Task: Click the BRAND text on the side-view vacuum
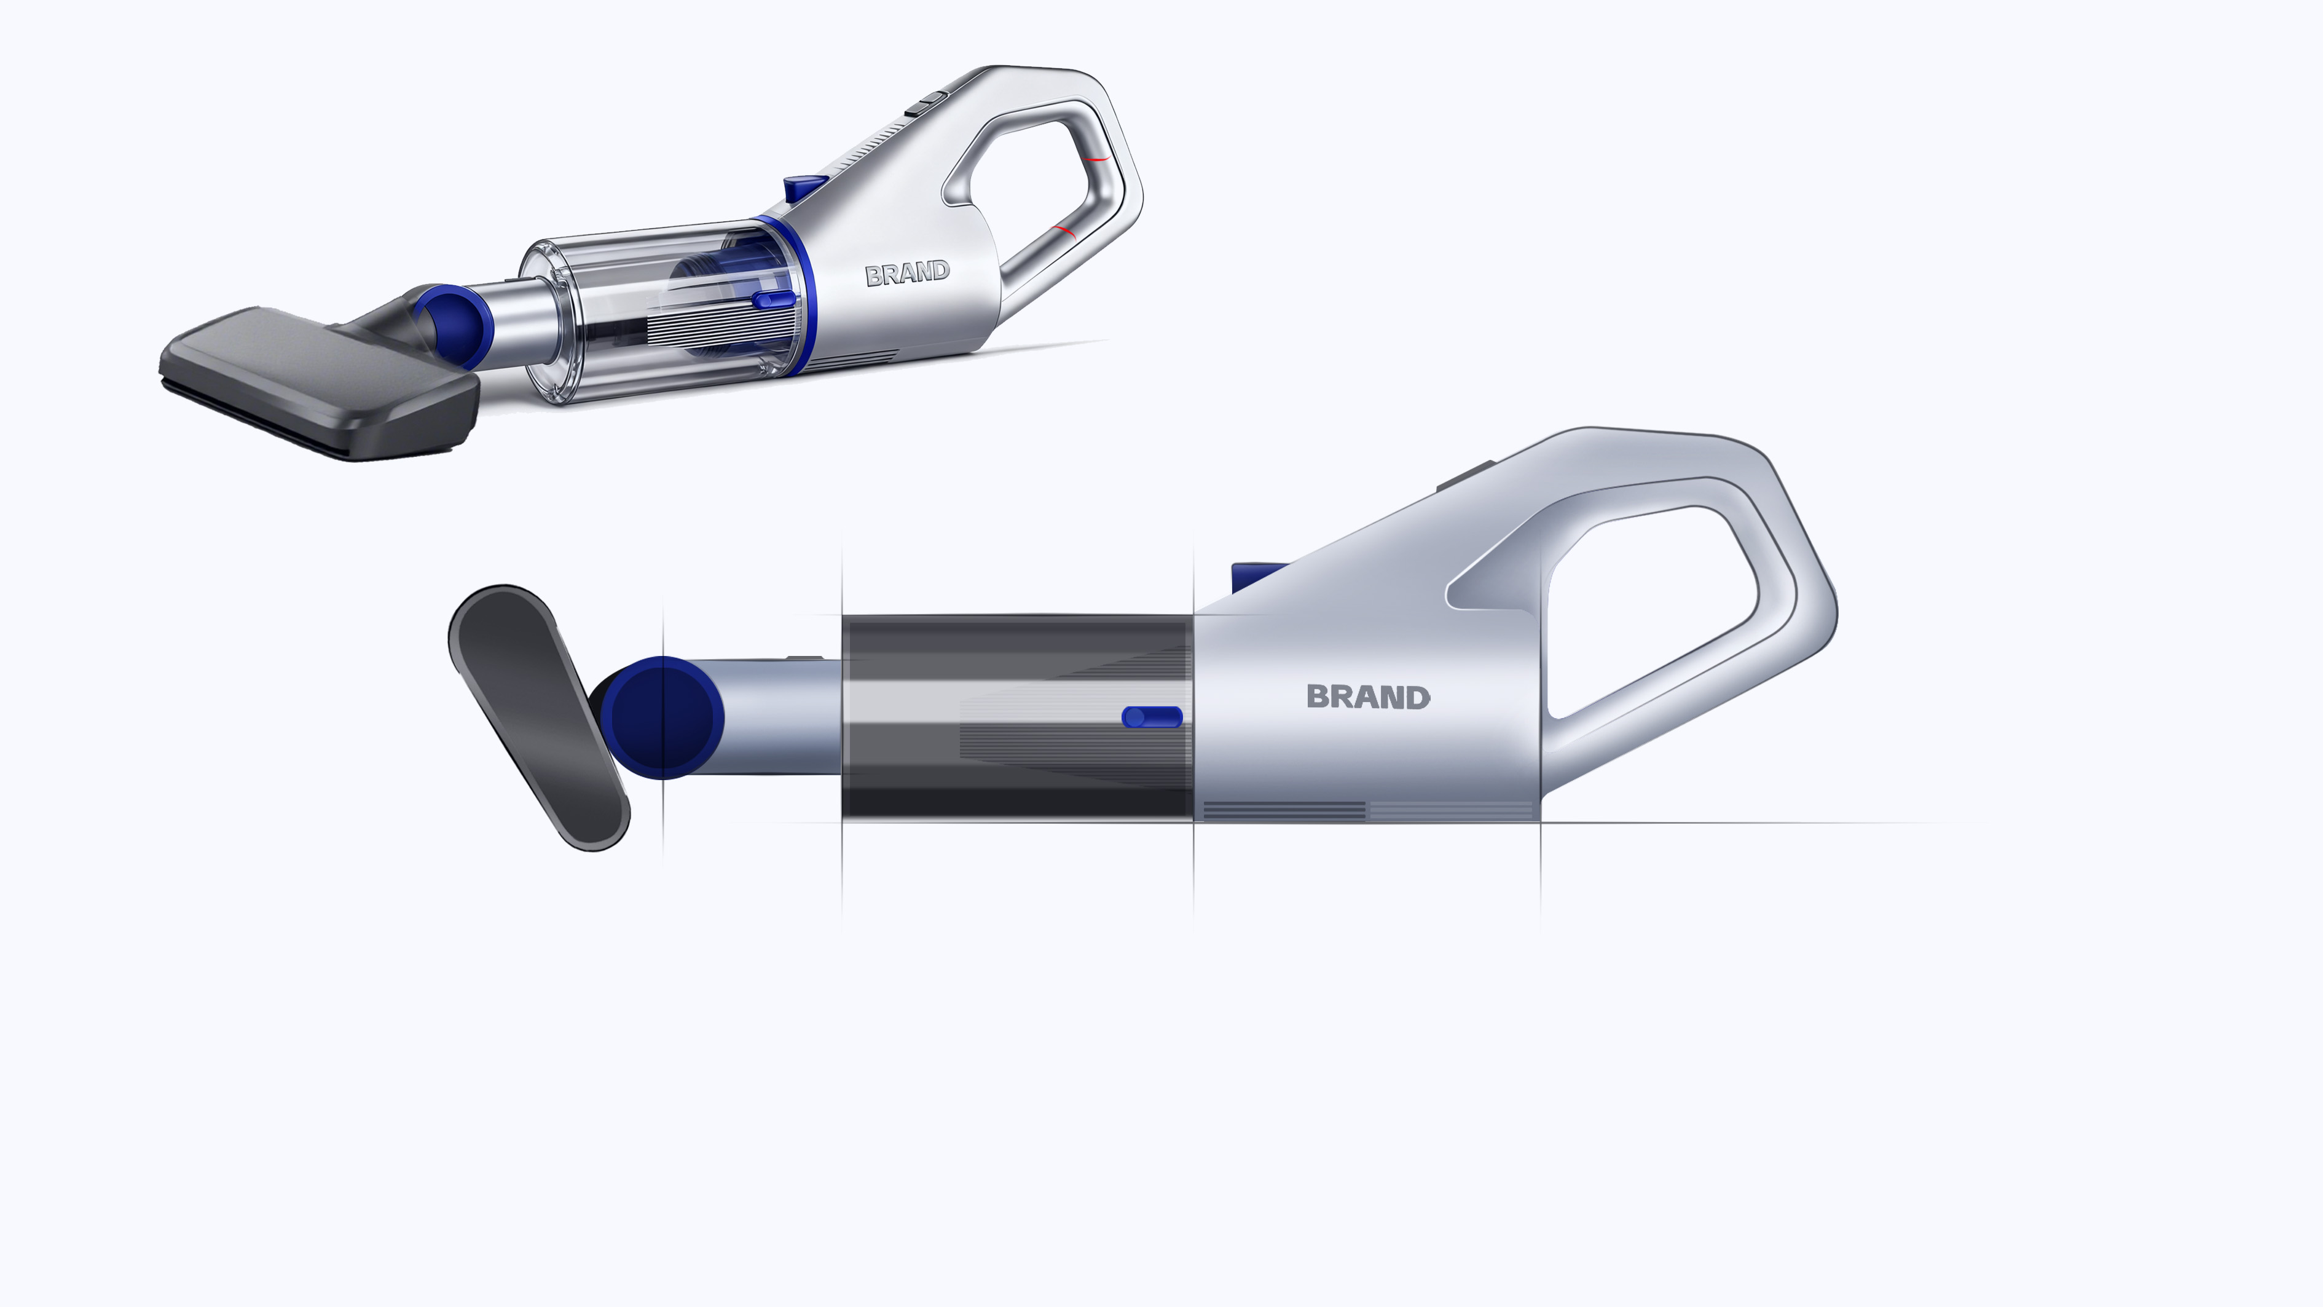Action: point(1368,697)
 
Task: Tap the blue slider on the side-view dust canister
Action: point(1152,717)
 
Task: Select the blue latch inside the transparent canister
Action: point(773,299)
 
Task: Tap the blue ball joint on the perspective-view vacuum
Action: point(454,325)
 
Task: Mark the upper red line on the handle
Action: point(1096,159)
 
